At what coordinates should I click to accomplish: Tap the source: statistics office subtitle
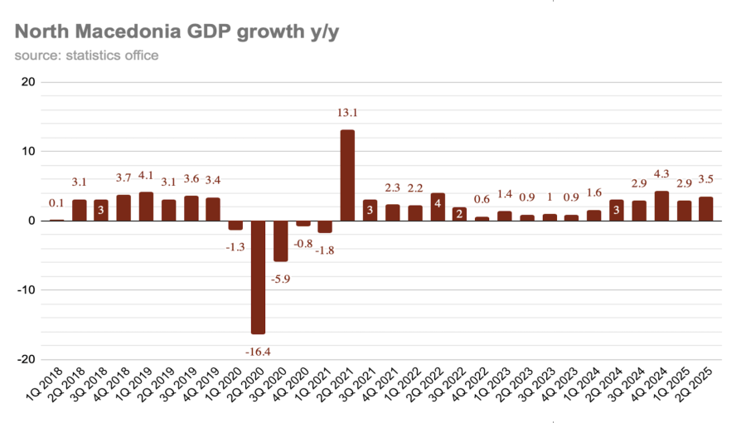click(x=86, y=56)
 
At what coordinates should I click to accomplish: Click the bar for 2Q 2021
click(x=347, y=175)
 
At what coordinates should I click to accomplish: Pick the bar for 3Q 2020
click(x=280, y=241)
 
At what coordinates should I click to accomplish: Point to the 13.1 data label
click(x=347, y=113)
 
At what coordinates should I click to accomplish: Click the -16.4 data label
click(x=258, y=352)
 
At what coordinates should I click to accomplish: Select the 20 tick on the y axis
click(x=27, y=82)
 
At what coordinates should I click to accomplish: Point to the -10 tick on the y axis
click(x=26, y=290)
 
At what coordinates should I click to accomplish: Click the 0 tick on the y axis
click(x=31, y=221)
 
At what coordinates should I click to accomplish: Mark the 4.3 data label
click(x=661, y=175)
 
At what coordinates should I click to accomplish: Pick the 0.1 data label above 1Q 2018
click(x=56, y=203)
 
